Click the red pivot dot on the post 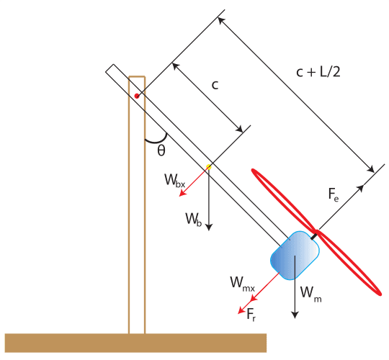coord(137,95)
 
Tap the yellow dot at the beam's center coord(209,167)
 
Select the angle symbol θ coord(161,150)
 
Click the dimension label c coord(215,85)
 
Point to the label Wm coord(307,292)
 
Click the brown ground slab coord(135,343)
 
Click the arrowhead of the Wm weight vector coord(295,315)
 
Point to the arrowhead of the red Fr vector coord(240,312)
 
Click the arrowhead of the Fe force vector coord(373,174)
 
